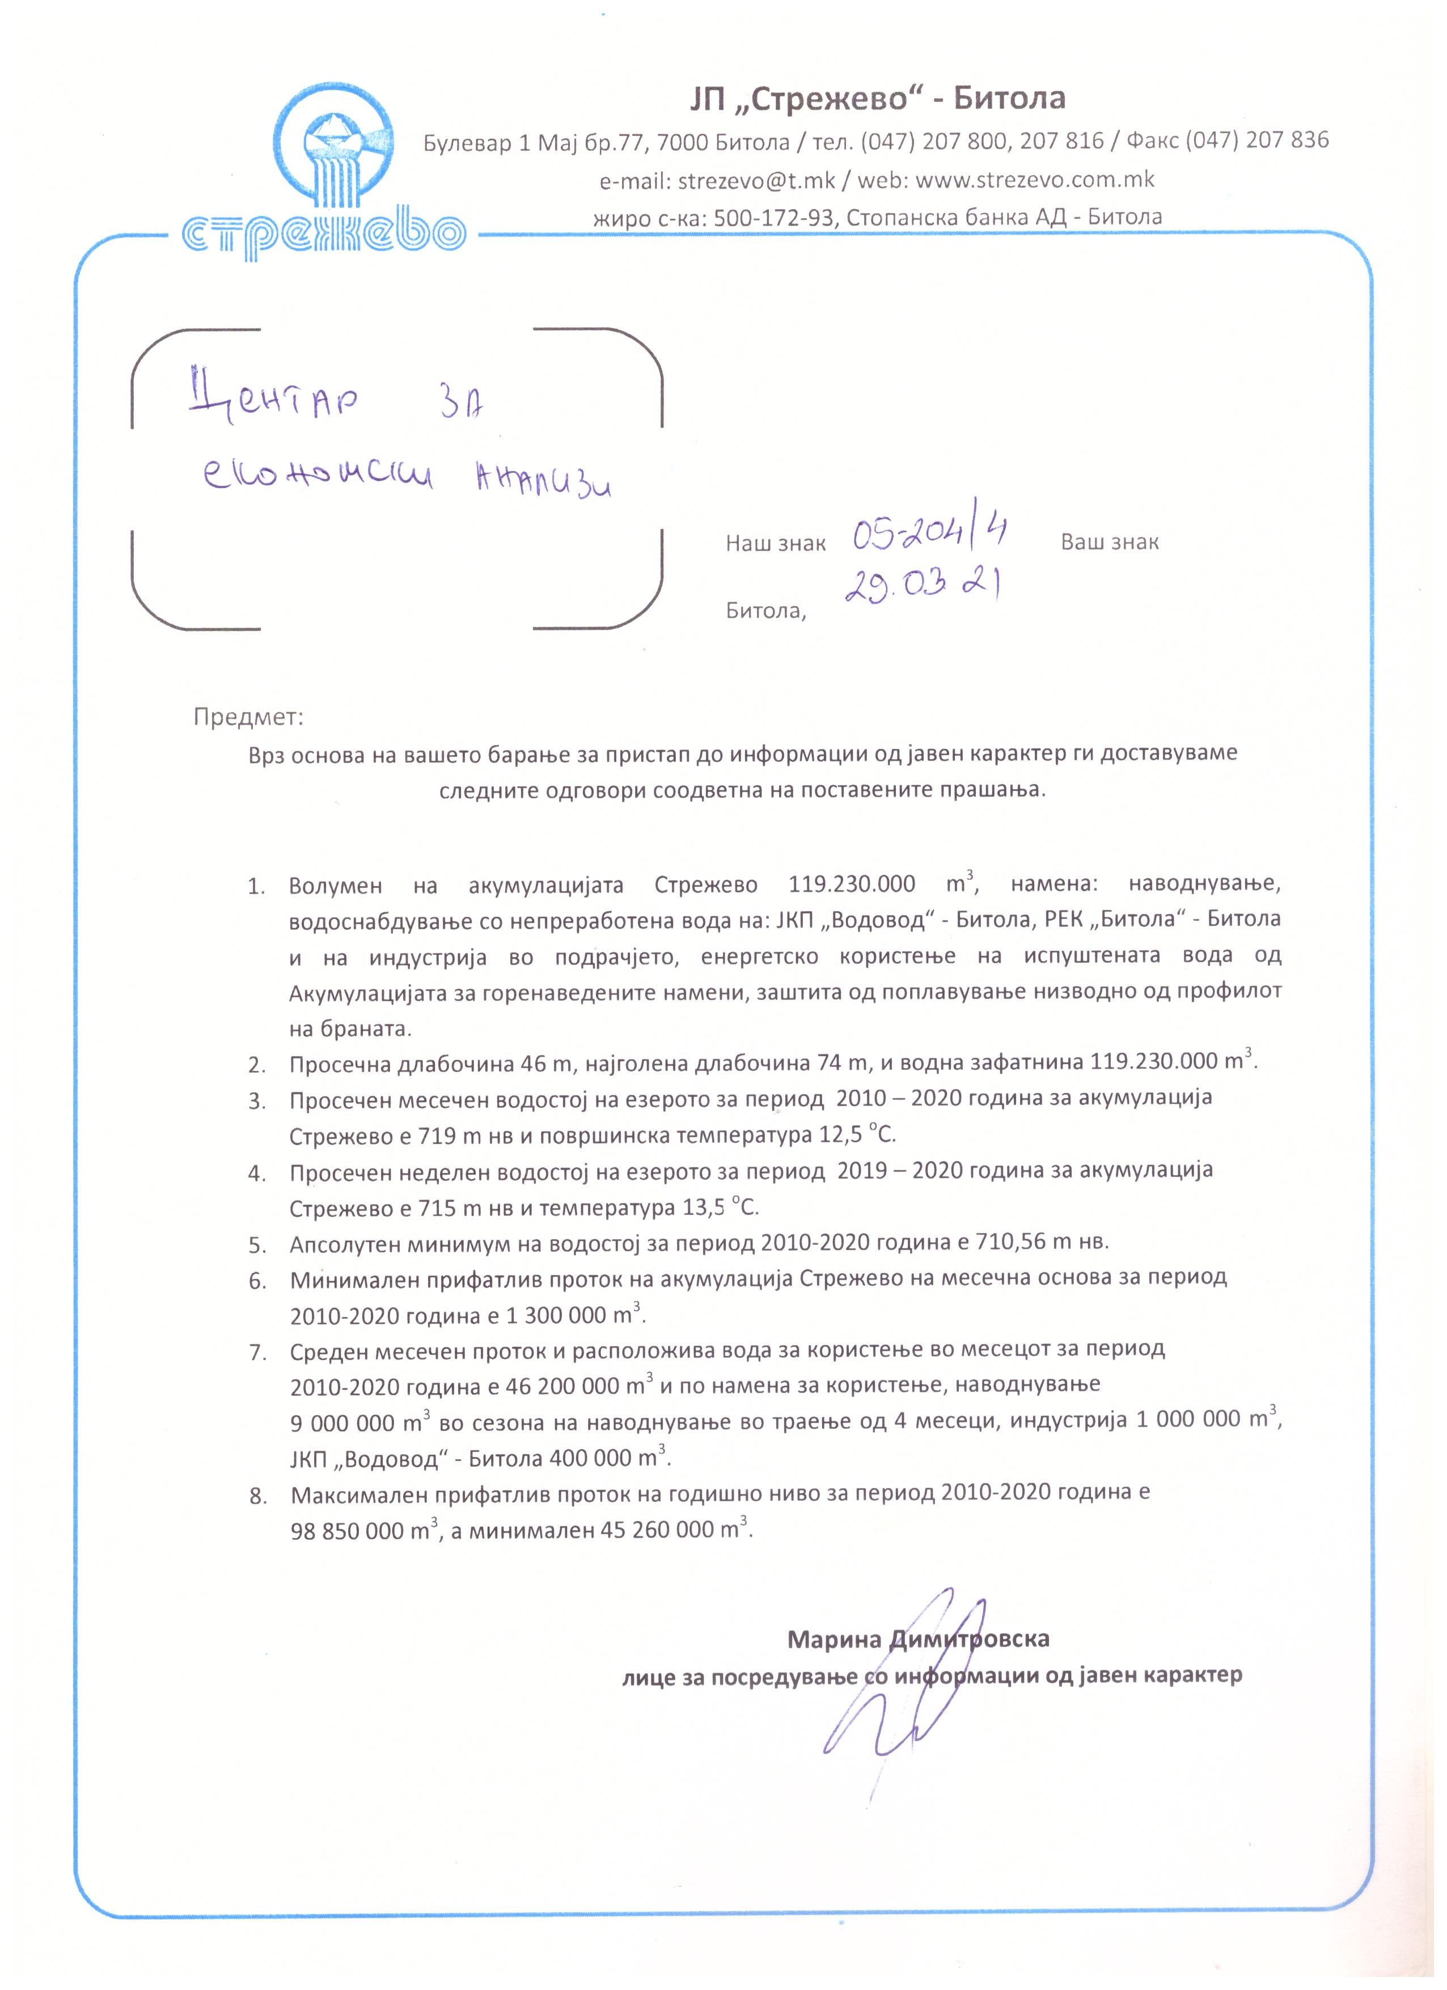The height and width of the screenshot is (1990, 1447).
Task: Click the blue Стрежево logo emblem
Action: click(x=339, y=149)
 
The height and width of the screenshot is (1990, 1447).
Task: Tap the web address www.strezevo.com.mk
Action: click(x=1035, y=180)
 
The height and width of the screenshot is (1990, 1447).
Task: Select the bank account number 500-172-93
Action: click(x=772, y=217)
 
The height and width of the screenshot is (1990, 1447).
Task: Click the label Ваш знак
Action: click(x=1109, y=541)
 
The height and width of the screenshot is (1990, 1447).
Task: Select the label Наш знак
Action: click(x=776, y=544)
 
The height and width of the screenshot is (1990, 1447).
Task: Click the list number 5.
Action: click(x=256, y=1245)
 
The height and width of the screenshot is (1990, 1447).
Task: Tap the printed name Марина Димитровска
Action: click(x=918, y=1638)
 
